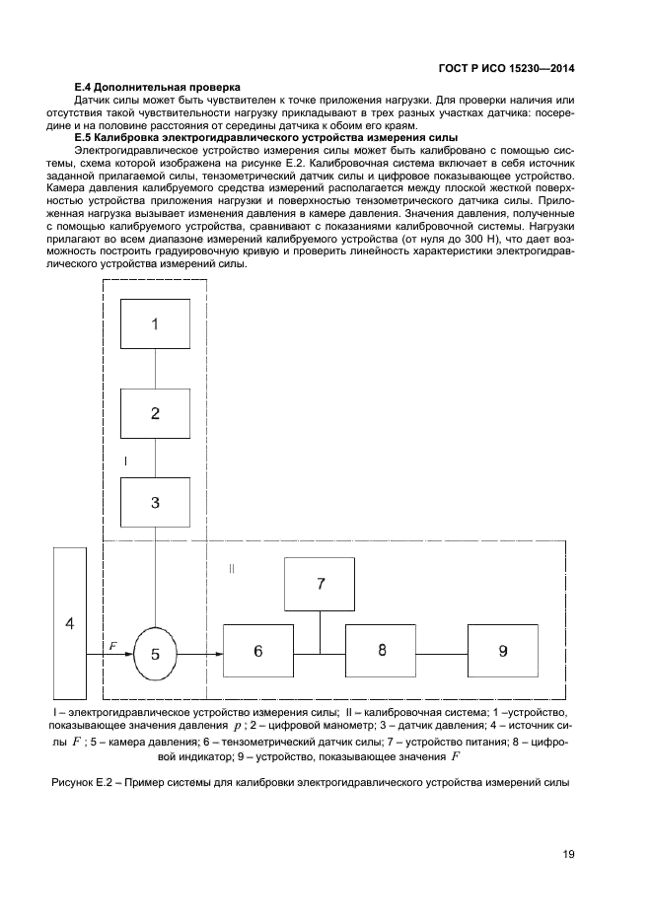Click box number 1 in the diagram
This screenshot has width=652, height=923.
(x=155, y=325)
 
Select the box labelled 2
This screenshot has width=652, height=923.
(x=155, y=414)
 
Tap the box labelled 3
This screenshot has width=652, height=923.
(x=155, y=502)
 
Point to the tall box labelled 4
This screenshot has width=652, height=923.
(x=69, y=623)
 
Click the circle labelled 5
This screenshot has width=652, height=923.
(x=154, y=652)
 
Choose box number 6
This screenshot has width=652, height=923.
(x=257, y=651)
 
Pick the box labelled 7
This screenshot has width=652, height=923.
(x=320, y=583)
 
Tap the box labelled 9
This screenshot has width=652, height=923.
(x=503, y=651)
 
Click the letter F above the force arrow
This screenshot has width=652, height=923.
(x=112, y=646)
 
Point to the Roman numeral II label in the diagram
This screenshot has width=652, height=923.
(x=232, y=569)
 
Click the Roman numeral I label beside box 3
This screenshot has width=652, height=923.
(x=125, y=461)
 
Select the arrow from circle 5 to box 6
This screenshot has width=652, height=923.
(x=201, y=652)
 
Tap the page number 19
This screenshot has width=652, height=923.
(x=568, y=854)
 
